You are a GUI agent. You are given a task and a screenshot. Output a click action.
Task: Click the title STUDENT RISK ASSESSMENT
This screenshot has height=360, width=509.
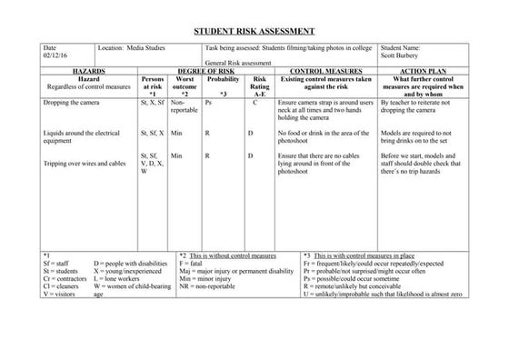pyautogui.click(x=254, y=30)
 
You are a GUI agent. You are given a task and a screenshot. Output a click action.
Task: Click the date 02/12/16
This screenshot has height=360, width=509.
pyautogui.click(x=55, y=55)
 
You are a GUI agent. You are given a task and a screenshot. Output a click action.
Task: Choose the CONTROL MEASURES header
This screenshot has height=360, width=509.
pyautogui.click(x=324, y=70)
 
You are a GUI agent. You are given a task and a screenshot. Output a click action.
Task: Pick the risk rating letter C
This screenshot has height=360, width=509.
pyautogui.click(x=256, y=103)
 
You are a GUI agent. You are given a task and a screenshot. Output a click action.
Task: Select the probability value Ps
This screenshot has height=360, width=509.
pyautogui.click(x=209, y=103)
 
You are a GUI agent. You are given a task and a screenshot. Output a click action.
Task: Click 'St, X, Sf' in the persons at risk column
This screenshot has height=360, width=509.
pyautogui.click(x=152, y=103)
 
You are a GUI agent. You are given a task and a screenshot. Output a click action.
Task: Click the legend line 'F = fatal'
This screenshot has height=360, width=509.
pyautogui.click(x=196, y=264)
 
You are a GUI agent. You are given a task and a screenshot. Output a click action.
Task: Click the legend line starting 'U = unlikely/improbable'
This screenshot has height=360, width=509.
pyautogui.click(x=384, y=295)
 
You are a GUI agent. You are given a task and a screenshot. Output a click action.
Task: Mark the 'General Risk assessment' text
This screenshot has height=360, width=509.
pyautogui.click(x=237, y=63)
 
